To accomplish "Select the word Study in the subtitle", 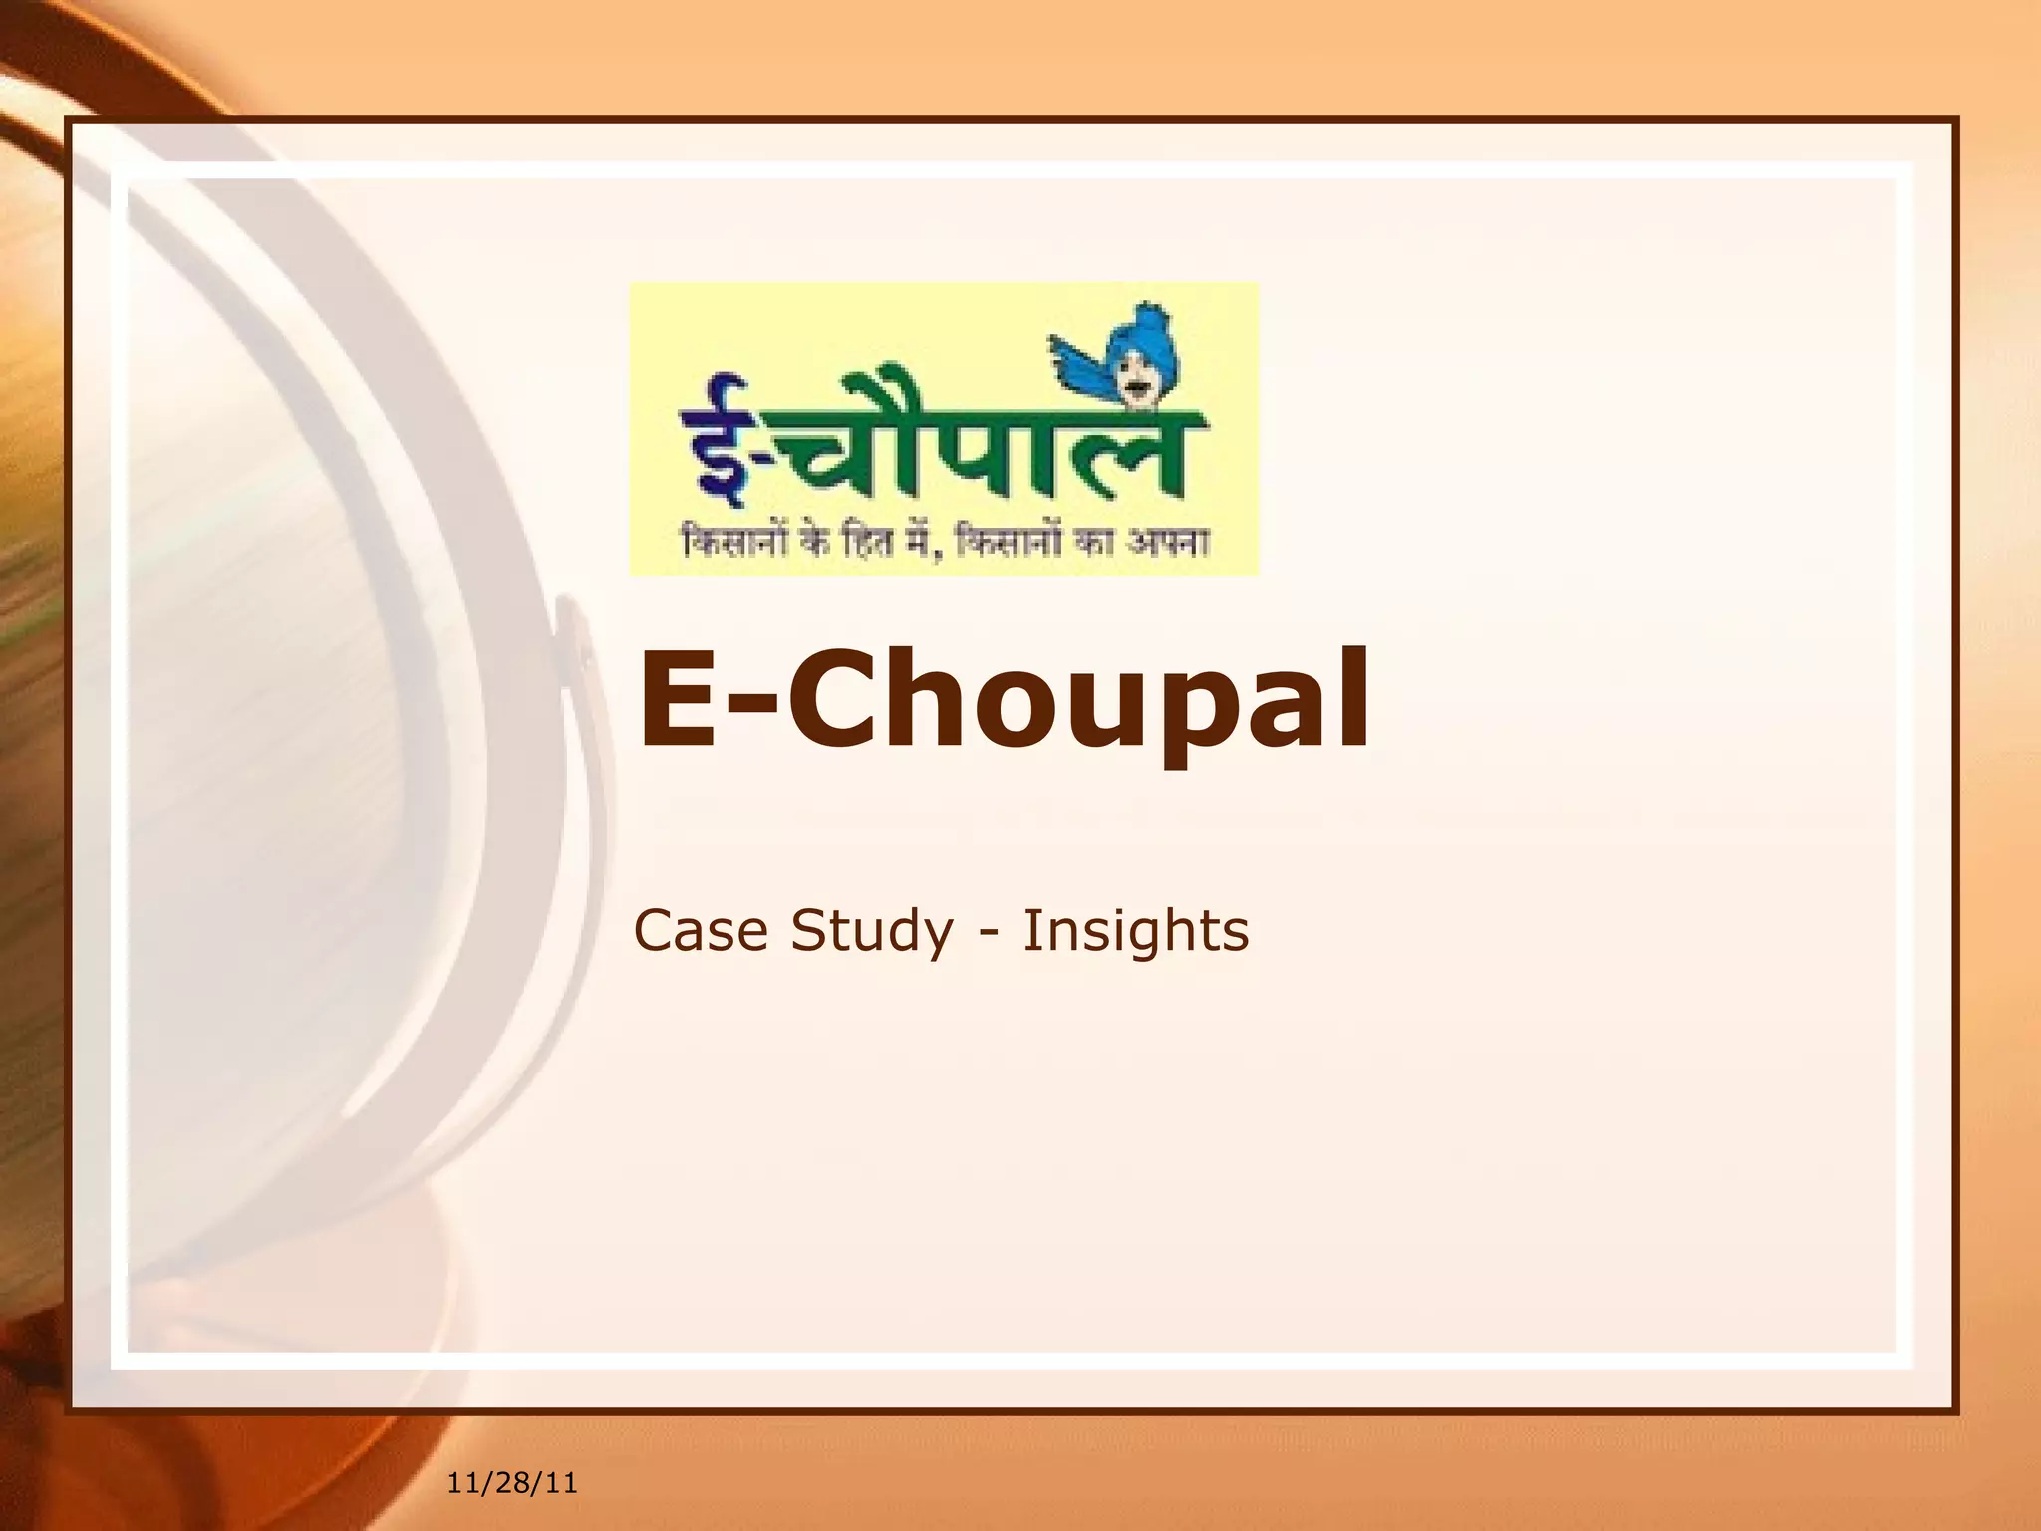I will (872, 933).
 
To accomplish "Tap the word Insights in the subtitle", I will (1135, 933).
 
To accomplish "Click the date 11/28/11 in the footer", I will (512, 1483).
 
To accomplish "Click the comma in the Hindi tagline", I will (935, 553).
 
